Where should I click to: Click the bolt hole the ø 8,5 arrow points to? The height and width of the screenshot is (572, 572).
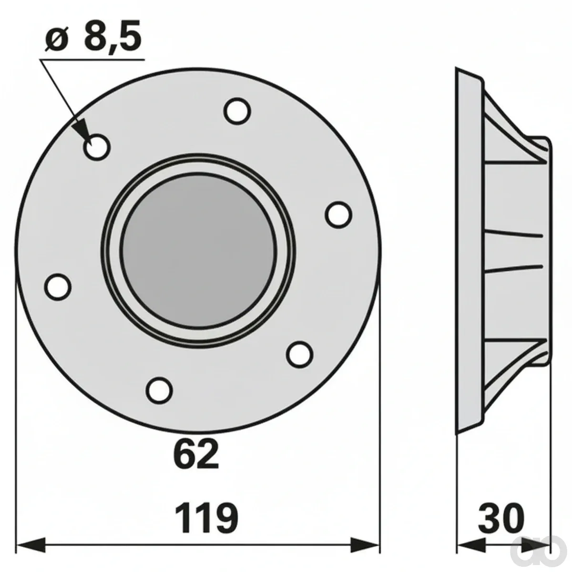click(97, 147)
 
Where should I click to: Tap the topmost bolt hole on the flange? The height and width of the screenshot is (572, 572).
click(237, 111)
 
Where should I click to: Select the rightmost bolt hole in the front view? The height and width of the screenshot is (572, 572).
click(339, 215)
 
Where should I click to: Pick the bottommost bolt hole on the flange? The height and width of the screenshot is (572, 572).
click(160, 390)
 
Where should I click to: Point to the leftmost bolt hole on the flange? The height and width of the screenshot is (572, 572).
click(58, 286)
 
